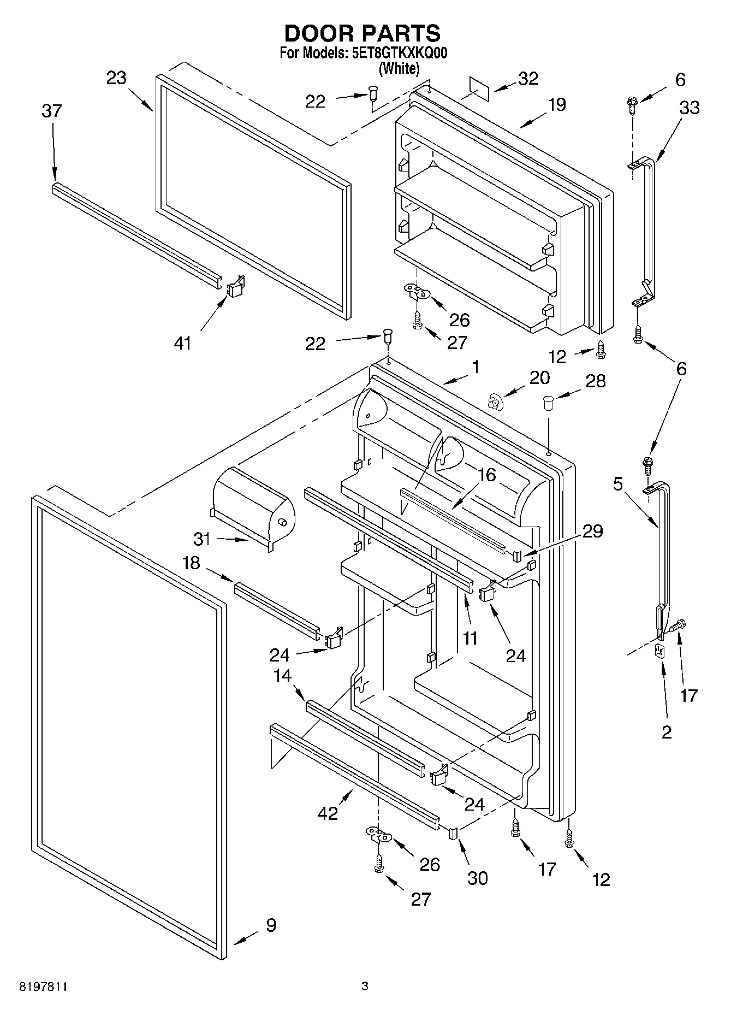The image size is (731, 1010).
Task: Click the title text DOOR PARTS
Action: pos(362,34)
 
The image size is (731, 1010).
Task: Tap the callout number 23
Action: pos(116,78)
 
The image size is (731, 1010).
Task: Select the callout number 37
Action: pos(52,111)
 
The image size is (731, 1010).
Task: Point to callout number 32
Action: pos(528,79)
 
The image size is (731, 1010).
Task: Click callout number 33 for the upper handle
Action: pos(689,108)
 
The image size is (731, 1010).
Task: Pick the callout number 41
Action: pos(182,343)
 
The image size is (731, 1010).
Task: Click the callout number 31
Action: pos(202,539)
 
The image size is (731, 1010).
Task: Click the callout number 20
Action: pos(539,377)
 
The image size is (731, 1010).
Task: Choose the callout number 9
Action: pos(271,925)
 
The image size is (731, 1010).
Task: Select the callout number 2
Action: pos(667,732)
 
